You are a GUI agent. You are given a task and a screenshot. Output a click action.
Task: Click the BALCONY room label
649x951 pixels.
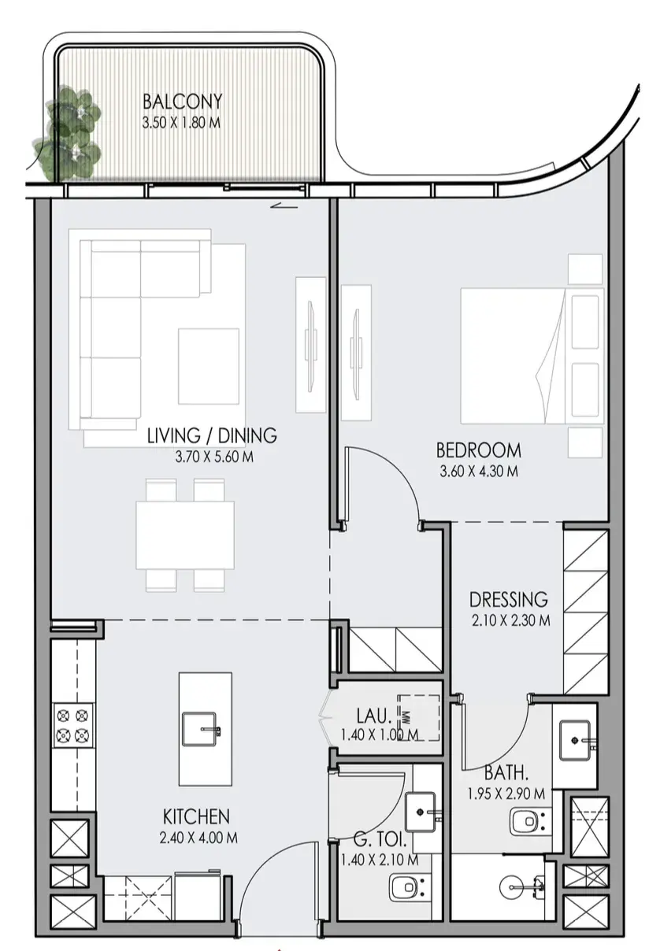[182, 102]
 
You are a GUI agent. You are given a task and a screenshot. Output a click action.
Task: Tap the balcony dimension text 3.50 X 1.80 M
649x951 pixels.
[181, 123]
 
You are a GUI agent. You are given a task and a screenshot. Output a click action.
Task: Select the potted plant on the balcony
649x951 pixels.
[68, 132]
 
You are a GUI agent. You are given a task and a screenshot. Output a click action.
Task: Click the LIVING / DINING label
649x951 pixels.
[212, 436]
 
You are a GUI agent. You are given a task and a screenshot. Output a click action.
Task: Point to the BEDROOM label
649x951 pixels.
[479, 450]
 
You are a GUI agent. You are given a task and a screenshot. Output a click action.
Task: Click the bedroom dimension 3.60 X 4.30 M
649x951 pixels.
[479, 472]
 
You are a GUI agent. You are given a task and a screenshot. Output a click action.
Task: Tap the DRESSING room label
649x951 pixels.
[509, 599]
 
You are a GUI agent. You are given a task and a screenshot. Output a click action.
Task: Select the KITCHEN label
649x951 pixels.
[196, 817]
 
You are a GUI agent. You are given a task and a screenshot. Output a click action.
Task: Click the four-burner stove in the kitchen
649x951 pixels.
[73, 726]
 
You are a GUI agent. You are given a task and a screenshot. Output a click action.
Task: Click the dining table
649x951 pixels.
[185, 535]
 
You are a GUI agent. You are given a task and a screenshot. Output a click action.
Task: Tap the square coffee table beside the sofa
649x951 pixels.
[209, 366]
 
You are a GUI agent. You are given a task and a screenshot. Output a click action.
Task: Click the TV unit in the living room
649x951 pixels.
[311, 345]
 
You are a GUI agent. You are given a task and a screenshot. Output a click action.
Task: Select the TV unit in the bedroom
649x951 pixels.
[356, 353]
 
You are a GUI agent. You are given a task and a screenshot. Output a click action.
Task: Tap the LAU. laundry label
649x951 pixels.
[374, 716]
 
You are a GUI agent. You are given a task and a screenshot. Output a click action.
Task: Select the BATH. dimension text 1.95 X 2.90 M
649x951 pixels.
[506, 794]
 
